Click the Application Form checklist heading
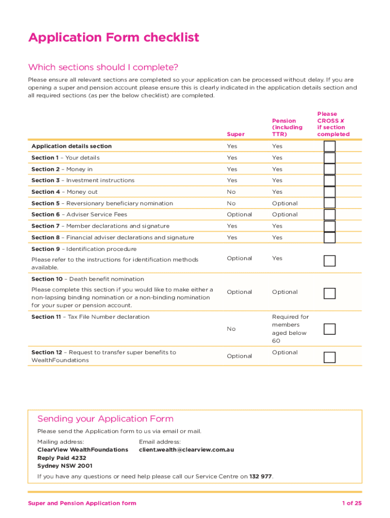[114, 38]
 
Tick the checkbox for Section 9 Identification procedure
[329, 261]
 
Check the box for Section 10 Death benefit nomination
[329, 293]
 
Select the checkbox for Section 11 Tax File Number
[329, 329]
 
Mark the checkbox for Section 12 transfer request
[329, 357]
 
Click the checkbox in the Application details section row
[329, 146]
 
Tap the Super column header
[236, 134]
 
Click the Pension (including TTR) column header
[287, 127]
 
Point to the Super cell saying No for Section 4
[231, 192]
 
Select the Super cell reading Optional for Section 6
[239, 214]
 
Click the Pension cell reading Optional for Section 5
[285, 203]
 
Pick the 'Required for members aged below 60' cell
[290, 329]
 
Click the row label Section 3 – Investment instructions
[83, 180]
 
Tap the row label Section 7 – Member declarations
[100, 226]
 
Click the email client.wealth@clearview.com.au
[186, 449]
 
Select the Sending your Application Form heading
[105, 419]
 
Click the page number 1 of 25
[352, 503]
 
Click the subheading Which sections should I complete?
[103, 67]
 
